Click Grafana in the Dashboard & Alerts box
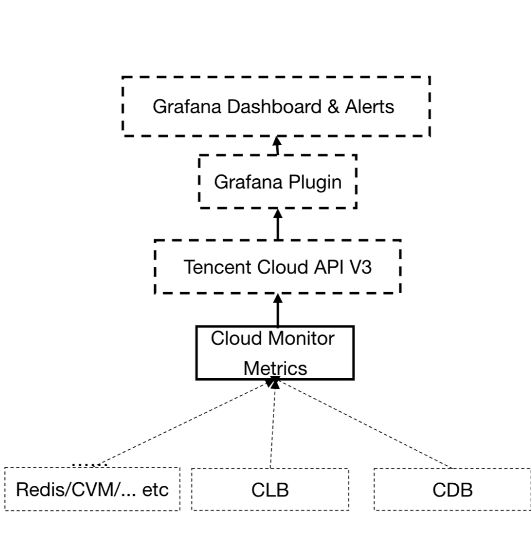click(187, 107)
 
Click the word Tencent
click(218, 267)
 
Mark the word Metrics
click(275, 368)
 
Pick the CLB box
click(270, 490)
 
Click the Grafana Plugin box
click(277, 182)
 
